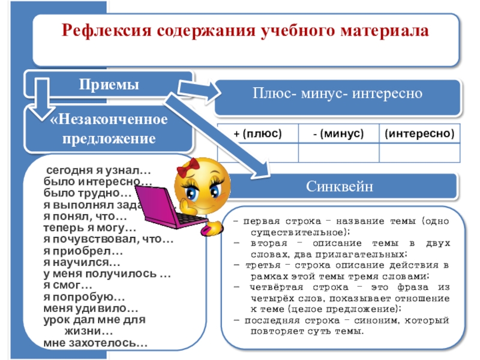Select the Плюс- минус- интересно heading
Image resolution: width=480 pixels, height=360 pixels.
coord(337,94)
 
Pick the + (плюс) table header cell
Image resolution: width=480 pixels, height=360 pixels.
coord(257,133)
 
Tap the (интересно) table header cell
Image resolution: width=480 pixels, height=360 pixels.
coord(419,133)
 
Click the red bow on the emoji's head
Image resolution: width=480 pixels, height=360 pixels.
coord(194,163)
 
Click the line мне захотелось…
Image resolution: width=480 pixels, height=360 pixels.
coord(95,344)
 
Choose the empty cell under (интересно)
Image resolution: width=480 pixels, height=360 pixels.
coord(419,154)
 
